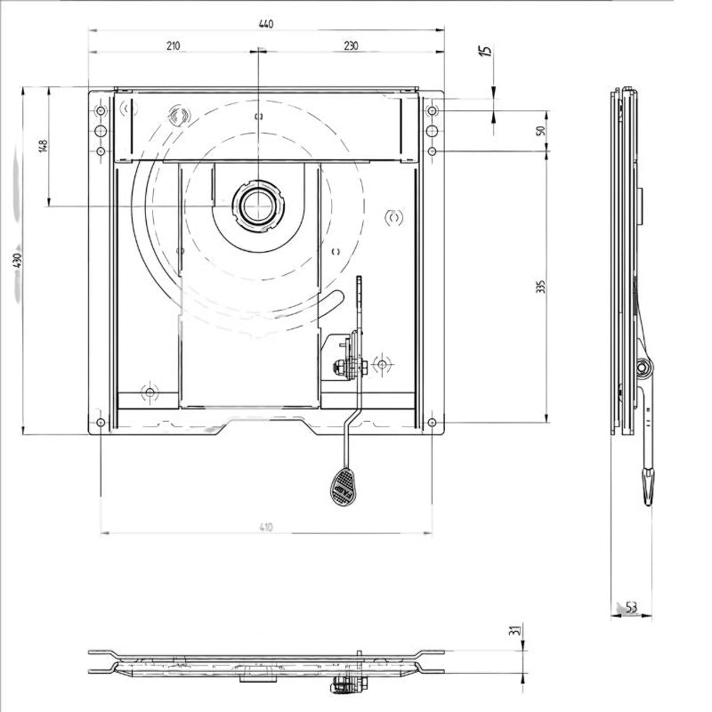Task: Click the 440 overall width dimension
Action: coord(265,24)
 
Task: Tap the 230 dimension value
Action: coord(350,46)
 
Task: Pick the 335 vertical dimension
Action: coord(540,287)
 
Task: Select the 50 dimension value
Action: coord(540,131)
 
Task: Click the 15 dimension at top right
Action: coord(486,52)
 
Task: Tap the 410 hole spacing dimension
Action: coord(265,528)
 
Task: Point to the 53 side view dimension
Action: coord(631,608)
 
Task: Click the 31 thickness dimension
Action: coord(513,631)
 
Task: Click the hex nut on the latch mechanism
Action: coord(343,367)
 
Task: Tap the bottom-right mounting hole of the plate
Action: coord(432,421)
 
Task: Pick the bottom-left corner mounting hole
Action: coord(101,421)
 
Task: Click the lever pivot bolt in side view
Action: coord(642,365)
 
